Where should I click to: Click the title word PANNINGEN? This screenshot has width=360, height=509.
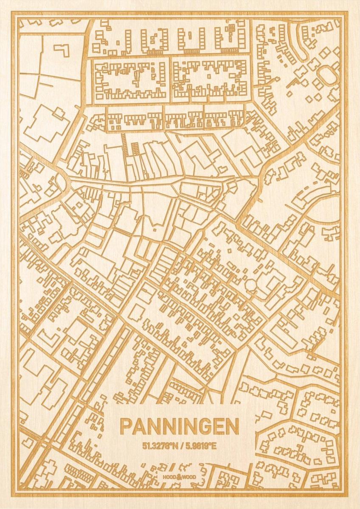click(x=180, y=427)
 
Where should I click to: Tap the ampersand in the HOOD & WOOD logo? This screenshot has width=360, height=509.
click(x=180, y=477)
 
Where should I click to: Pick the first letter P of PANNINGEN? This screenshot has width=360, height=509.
click(x=126, y=427)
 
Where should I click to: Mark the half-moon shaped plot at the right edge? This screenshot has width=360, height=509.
click(x=329, y=210)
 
